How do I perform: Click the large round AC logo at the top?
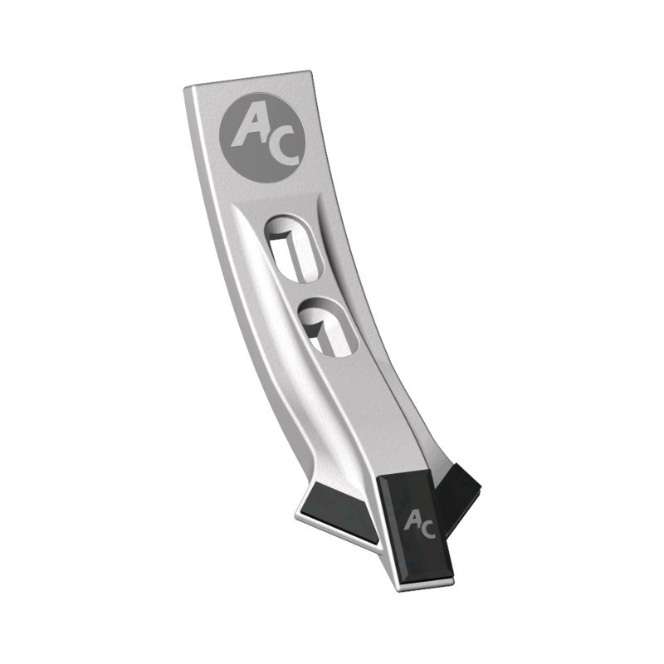(x=262, y=138)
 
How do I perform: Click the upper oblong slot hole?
(x=294, y=248)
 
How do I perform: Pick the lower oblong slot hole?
(x=327, y=327)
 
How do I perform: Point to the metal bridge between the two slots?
(x=313, y=289)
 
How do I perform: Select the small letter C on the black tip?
(x=427, y=530)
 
